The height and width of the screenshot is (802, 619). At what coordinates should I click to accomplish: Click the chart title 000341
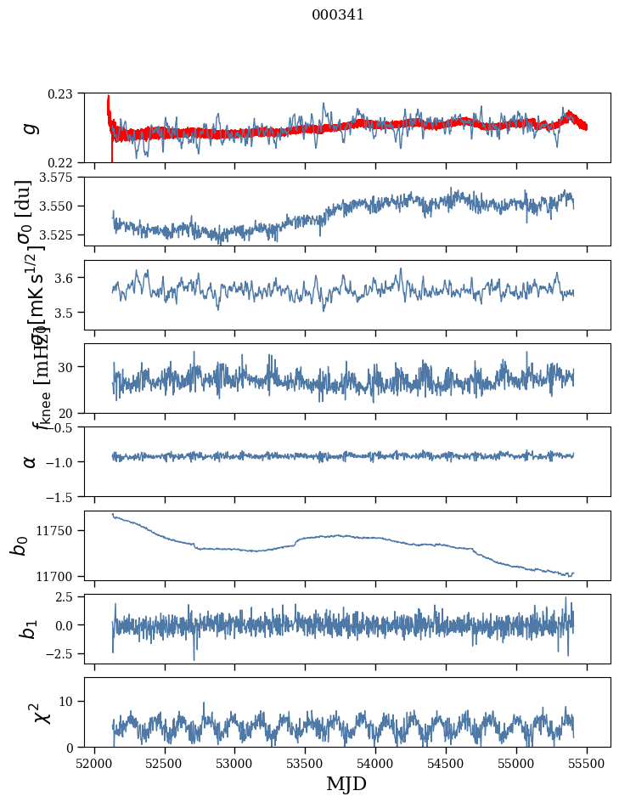[x=338, y=14]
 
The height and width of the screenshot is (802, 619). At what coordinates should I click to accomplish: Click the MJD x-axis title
[x=346, y=784]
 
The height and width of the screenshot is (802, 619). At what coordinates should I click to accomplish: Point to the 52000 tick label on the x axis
[x=93, y=763]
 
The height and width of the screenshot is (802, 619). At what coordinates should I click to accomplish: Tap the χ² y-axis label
[x=43, y=712]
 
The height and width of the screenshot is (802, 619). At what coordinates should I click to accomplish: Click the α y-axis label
[x=30, y=461]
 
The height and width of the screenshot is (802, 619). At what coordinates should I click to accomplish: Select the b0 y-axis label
[x=19, y=545]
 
